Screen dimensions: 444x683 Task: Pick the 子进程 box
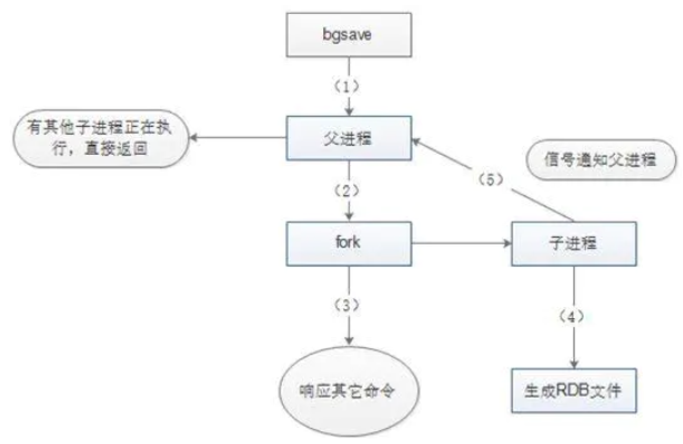tap(573, 244)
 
